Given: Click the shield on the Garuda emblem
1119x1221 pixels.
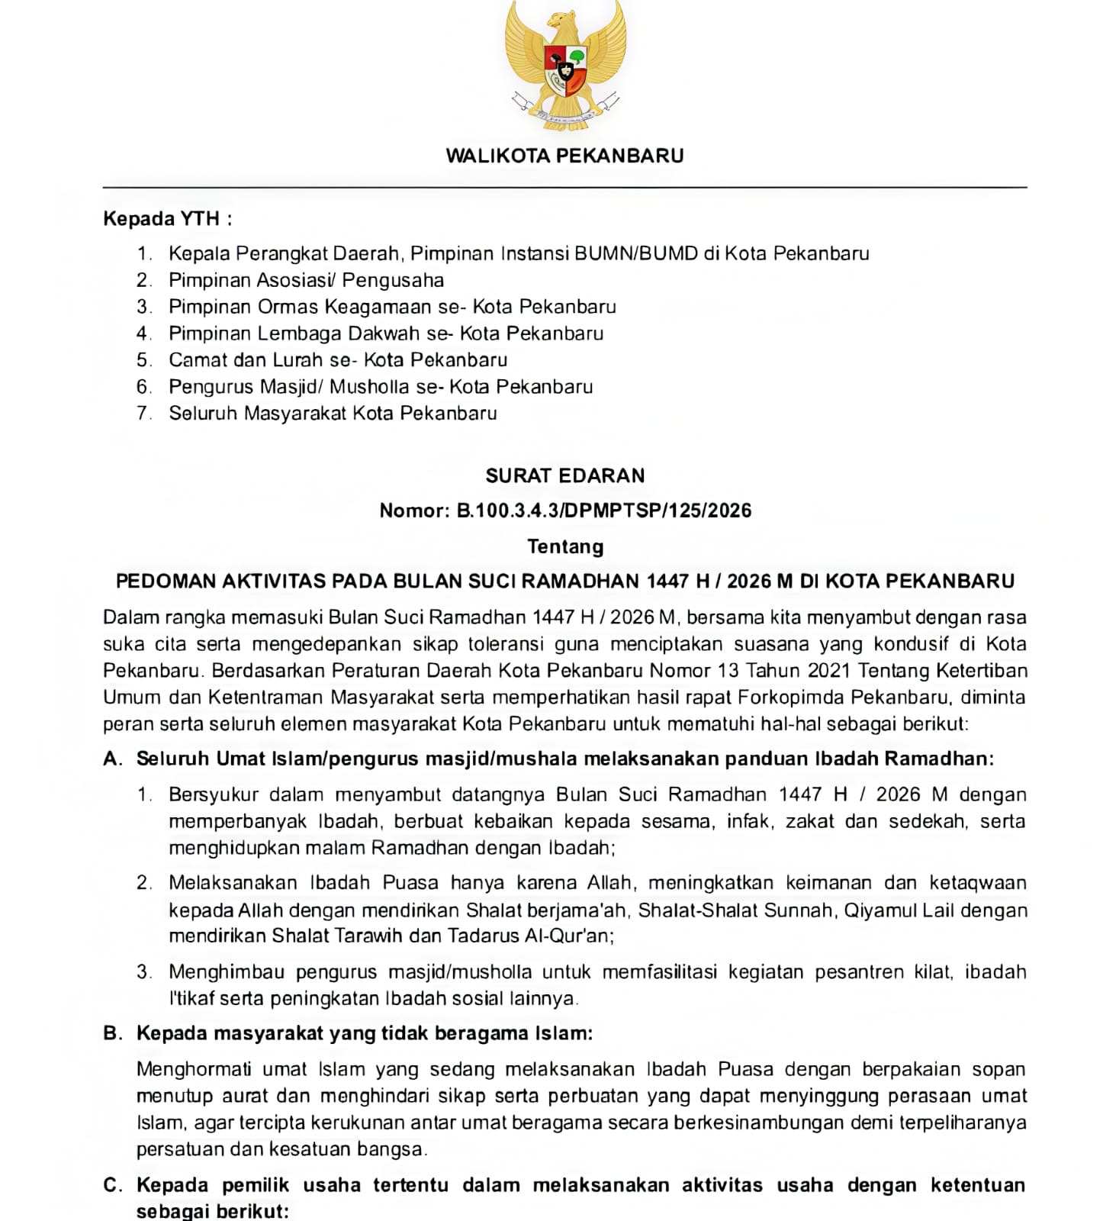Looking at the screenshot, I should pyautogui.click(x=565, y=70).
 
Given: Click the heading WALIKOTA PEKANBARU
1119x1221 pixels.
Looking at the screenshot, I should pyautogui.click(x=564, y=156).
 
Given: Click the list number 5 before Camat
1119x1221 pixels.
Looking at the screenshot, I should pyautogui.click(x=144, y=360).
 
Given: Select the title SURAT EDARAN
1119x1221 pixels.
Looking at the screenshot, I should pyautogui.click(x=564, y=476).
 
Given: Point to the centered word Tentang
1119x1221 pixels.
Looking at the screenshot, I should pyautogui.click(x=565, y=546).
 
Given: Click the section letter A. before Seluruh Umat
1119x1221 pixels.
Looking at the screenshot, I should pyautogui.click(x=112, y=759).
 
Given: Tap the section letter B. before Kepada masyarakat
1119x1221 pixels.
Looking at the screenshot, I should pyautogui.click(x=112, y=1033).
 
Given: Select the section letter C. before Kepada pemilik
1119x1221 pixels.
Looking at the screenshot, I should pyautogui.click(x=112, y=1185).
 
